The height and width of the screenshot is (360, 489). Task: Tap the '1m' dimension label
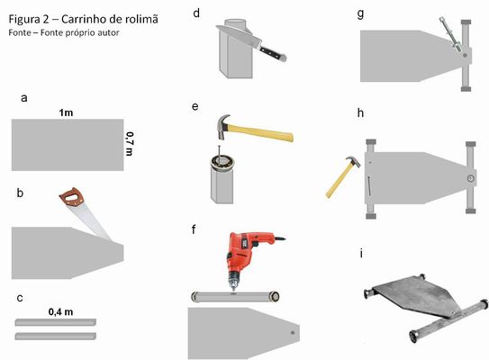66,112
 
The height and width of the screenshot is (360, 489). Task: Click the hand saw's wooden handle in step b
68,198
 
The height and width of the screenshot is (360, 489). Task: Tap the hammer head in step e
222,123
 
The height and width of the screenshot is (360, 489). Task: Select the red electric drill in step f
242,254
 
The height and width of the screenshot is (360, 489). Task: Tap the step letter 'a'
23,96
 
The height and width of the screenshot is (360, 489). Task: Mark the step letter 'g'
361,14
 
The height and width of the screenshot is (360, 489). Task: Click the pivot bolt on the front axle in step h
469,178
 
